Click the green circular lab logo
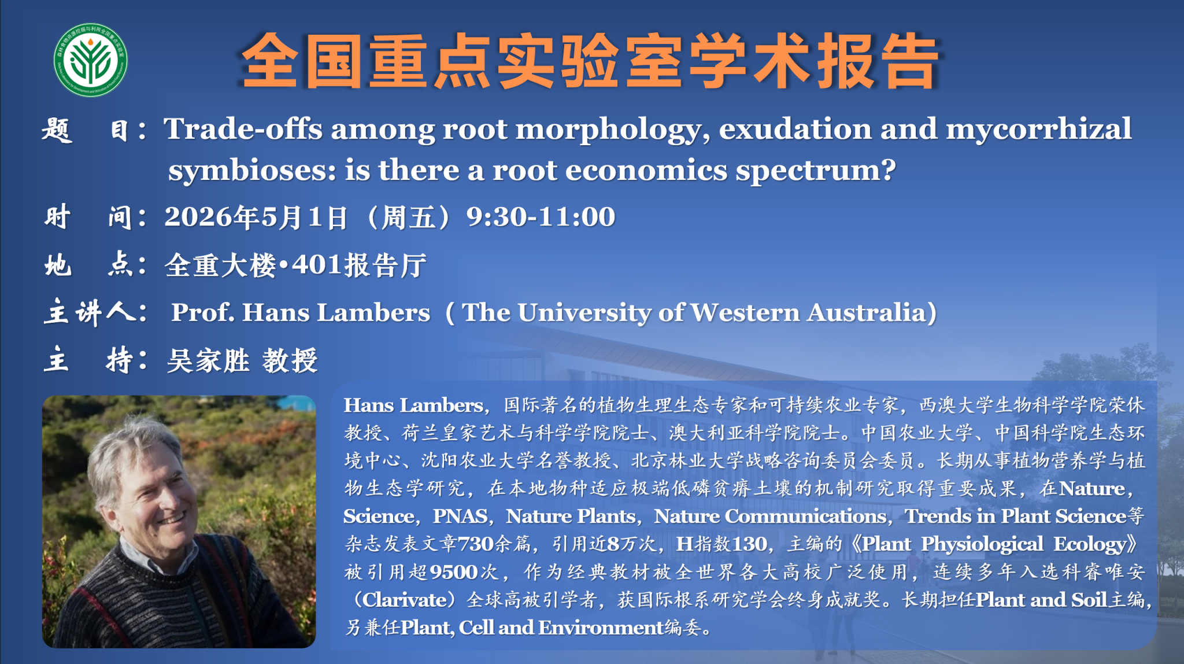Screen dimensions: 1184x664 click(x=91, y=60)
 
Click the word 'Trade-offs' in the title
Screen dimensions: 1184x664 click(x=243, y=128)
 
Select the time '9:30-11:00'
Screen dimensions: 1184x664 click(x=541, y=217)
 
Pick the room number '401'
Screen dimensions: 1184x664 click(x=317, y=265)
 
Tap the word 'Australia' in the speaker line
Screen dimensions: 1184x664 click(x=867, y=313)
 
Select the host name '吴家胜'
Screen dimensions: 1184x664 click(x=208, y=361)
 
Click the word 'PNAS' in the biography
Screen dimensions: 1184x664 click(x=460, y=516)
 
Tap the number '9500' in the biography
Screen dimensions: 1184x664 click(x=454, y=573)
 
